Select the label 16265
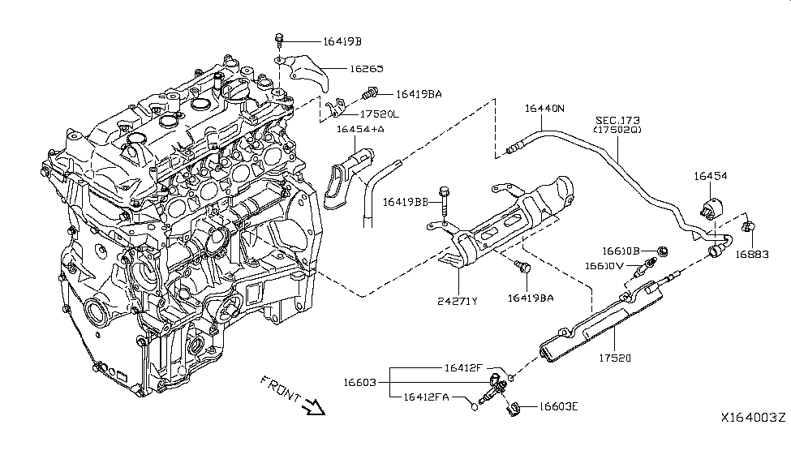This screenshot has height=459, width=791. click(x=366, y=71)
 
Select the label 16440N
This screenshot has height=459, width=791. click(x=544, y=108)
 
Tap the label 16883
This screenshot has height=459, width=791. click(x=751, y=254)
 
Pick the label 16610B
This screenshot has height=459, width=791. click(x=621, y=251)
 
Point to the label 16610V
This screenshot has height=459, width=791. click(x=605, y=265)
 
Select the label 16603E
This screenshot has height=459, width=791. click(x=556, y=409)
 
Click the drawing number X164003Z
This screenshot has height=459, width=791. click(x=753, y=417)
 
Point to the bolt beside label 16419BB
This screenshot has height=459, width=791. click(x=443, y=199)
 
